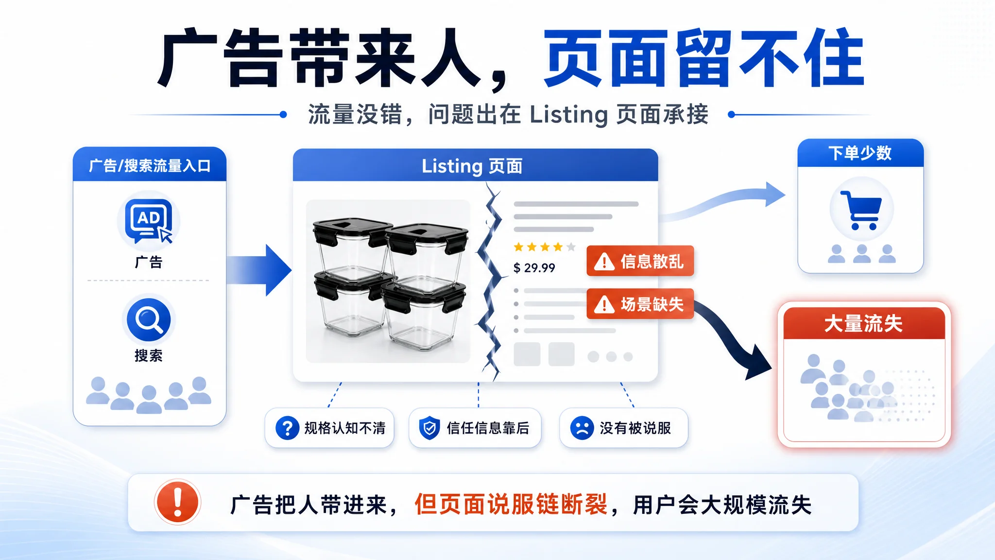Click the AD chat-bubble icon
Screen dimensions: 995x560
click(149, 221)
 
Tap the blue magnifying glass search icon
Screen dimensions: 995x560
click(149, 319)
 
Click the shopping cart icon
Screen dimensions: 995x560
click(861, 210)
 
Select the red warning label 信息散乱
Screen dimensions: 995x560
click(640, 261)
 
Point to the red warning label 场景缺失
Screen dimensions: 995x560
click(640, 304)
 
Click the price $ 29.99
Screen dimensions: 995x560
click(534, 268)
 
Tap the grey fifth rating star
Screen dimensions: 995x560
click(571, 247)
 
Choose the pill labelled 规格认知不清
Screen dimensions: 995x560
click(329, 428)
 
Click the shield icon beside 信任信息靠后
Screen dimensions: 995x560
click(429, 428)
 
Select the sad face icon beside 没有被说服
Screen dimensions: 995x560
click(582, 428)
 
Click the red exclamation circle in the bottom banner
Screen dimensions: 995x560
click(177, 502)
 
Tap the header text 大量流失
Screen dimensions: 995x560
click(863, 324)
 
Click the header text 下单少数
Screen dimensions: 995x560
click(860, 153)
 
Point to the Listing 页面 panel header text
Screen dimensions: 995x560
click(472, 166)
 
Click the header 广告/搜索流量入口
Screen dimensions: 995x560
click(150, 166)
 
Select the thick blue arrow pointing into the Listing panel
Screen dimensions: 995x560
click(259, 270)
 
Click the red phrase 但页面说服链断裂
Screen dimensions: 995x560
click(511, 504)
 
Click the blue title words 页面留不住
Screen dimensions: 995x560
click(703, 58)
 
